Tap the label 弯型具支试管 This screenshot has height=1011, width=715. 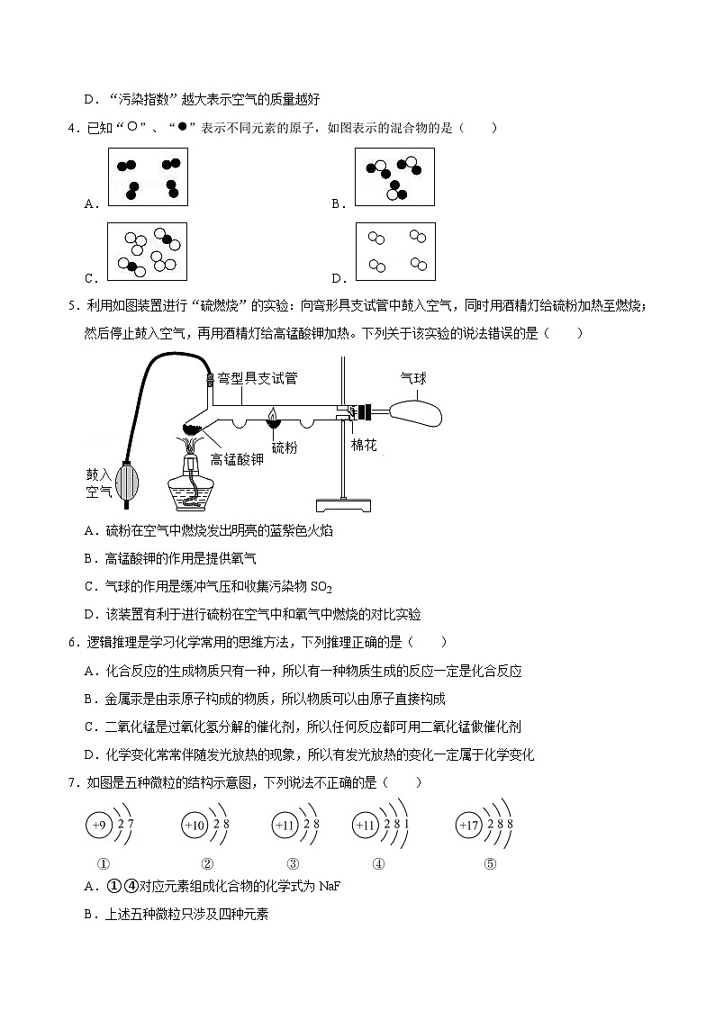258,378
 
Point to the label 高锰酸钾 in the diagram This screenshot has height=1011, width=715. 237,458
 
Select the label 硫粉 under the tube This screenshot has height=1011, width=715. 285,447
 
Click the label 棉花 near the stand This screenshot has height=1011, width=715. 365,447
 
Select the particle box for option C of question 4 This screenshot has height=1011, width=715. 147,253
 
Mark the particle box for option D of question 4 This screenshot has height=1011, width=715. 394,253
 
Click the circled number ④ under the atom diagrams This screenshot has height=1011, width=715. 378,863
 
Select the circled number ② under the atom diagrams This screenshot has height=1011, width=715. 207,863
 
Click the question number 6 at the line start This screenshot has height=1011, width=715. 71,643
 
